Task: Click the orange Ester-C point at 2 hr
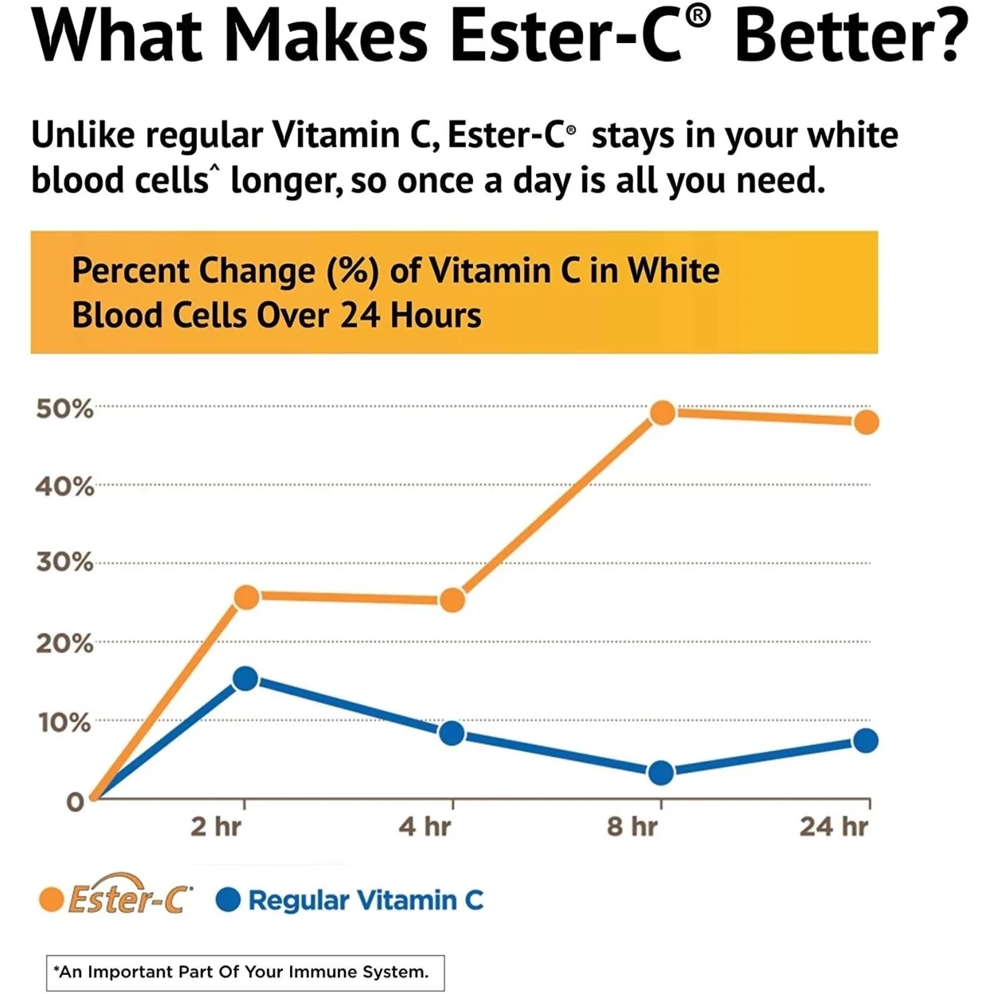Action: tap(247, 597)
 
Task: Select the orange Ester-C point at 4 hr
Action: tap(452, 600)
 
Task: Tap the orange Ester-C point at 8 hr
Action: tap(662, 413)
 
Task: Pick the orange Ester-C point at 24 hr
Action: tap(867, 422)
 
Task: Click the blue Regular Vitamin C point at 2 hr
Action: tap(245, 679)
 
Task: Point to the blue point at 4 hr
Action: tap(452, 734)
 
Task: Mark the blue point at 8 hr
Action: tap(661, 773)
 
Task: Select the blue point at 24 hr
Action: tap(866, 741)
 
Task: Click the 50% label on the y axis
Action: tap(65, 409)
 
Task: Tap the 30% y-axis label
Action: tap(65, 563)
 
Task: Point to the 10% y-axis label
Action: tap(65, 723)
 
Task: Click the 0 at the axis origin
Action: tap(75, 802)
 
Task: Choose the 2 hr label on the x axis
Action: tap(216, 827)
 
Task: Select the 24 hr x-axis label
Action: tap(833, 827)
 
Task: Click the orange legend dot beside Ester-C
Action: tap(52, 900)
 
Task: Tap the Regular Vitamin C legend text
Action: tap(366, 901)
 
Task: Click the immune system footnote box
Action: tap(245, 972)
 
